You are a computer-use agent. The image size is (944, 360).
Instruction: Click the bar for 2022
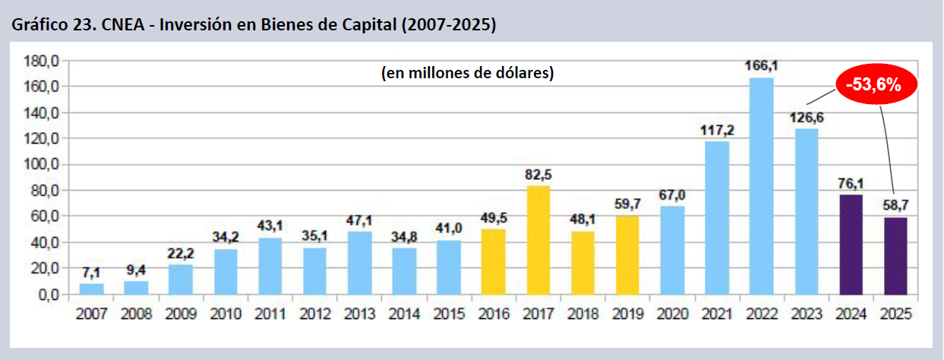[761, 186]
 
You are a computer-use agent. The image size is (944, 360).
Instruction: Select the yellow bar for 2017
[538, 240]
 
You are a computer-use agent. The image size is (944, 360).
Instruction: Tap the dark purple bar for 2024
[851, 245]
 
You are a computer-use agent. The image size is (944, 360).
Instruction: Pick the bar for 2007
[91, 289]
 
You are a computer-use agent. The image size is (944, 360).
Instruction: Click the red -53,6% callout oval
[877, 85]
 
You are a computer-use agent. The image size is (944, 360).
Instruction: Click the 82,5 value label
[538, 175]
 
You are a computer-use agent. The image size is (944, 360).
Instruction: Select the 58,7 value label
[895, 206]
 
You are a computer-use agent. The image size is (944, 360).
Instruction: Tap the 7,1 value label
[91, 272]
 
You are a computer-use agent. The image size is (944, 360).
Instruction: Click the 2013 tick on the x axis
[359, 312]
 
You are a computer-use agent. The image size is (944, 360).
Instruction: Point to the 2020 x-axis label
[672, 312]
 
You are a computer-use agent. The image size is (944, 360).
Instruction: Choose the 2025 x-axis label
[895, 312]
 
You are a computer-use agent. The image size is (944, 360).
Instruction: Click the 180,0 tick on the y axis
[42, 61]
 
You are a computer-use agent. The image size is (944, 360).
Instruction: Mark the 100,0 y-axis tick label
[42, 165]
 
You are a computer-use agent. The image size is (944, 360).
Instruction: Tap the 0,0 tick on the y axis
[47, 295]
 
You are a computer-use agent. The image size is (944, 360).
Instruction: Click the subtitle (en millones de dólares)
[467, 74]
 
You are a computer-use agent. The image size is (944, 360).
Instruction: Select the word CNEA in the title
[103, 25]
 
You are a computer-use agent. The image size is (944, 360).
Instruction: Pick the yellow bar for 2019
[627, 254]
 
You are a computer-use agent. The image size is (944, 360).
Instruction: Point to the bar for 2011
[270, 266]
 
